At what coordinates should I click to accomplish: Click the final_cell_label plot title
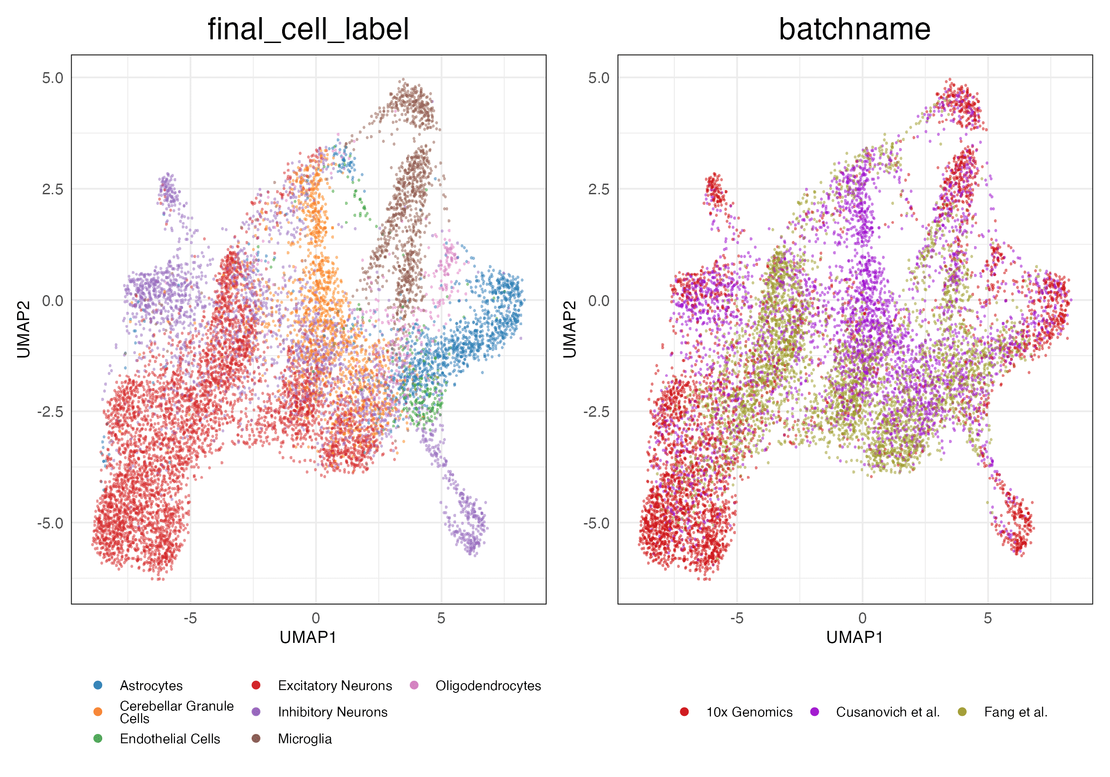[308, 29]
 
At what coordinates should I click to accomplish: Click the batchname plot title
[854, 29]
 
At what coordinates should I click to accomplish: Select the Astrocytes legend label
[151, 685]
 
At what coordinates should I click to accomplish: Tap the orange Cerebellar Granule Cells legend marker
[98, 712]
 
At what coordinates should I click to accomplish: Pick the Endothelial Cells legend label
[170, 739]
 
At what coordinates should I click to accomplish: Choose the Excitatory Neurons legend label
[334, 685]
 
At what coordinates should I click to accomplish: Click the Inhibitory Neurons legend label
[333, 712]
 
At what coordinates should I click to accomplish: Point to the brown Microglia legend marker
[256, 738]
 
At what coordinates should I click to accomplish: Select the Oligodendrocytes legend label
[488, 685]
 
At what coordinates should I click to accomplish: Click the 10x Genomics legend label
[749, 712]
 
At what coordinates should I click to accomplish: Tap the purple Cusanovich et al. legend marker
[814, 712]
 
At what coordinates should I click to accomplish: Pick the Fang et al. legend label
[1016, 712]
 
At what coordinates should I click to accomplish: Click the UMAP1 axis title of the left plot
[308, 637]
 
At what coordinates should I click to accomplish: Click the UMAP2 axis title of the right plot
[570, 329]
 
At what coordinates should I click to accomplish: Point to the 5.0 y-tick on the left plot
[53, 78]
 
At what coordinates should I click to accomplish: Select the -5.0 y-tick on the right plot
[596, 523]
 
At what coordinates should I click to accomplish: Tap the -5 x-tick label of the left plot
[190, 618]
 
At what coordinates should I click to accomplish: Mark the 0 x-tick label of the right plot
[862, 618]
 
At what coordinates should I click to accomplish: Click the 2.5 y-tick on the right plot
[599, 189]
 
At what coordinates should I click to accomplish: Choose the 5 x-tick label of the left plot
[441, 618]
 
